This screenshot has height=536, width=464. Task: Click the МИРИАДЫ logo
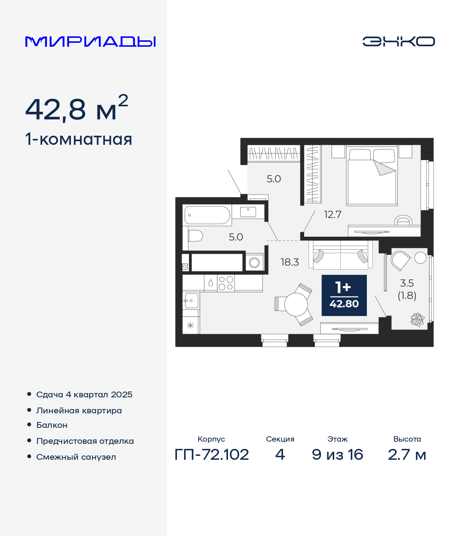90,41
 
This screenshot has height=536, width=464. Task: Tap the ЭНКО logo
398,41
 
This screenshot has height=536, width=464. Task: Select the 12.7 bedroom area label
333,214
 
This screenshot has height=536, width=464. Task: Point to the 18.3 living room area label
290,262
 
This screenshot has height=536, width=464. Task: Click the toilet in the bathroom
195,236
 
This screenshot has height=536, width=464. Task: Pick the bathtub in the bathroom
207,215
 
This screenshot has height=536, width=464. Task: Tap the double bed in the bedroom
372,176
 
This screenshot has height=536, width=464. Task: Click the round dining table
296,304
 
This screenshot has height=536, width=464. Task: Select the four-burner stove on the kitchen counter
226,283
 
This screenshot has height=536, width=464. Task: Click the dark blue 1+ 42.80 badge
344,295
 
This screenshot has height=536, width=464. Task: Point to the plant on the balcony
417,319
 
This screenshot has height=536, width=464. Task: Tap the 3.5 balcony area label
407,283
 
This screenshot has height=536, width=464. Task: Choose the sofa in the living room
340,255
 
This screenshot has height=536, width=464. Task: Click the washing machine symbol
254,263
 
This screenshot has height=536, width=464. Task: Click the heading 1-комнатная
79,139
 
